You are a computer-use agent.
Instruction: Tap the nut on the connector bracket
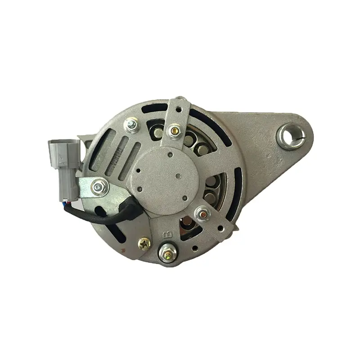pyautogui.click(x=99, y=186)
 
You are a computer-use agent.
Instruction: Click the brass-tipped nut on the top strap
pyautogui.click(x=175, y=131)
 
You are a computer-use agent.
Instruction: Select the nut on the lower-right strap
pyautogui.click(x=202, y=213)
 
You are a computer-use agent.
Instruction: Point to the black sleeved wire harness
pyautogui.click(x=112, y=215)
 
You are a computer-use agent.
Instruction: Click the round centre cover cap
pyautogui.click(x=166, y=175)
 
